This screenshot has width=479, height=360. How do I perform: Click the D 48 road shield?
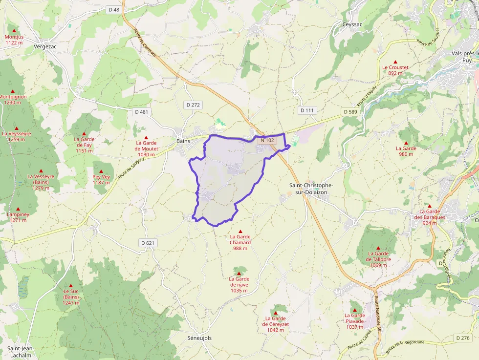(114, 9)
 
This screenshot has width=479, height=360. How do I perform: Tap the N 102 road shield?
(267, 140)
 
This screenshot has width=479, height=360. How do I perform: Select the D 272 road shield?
(194, 105)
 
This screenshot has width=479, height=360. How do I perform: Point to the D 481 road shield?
(142, 112)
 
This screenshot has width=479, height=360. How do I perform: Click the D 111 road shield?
(307, 110)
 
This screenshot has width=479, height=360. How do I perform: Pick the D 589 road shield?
(350, 112)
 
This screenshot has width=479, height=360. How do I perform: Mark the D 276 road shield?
(463, 338)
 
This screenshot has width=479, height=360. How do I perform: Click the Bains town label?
(183, 141)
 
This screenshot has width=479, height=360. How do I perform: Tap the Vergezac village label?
(45, 46)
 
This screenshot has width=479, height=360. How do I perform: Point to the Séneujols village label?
(199, 338)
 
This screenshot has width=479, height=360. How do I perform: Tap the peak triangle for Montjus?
(14, 30)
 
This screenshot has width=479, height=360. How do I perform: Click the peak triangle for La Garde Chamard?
(240, 231)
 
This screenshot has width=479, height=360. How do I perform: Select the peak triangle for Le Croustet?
(395, 61)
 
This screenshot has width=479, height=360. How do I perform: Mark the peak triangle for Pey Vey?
(101, 171)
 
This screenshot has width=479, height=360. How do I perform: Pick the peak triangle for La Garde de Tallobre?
(378, 248)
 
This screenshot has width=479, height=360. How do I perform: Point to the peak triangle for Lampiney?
(18, 209)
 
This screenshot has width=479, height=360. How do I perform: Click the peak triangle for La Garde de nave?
(239, 273)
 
